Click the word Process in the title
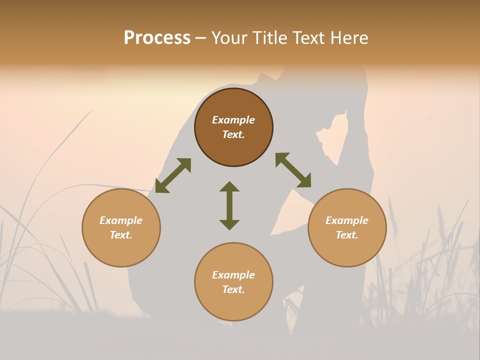click(157, 38)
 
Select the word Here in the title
click(349, 38)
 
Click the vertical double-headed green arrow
click(229, 205)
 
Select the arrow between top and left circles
click(173, 175)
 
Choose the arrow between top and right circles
click(293, 170)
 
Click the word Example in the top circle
click(233, 120)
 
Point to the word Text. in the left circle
click(121, 235)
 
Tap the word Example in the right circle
click(347, 220)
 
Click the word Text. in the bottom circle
click(233, 289)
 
